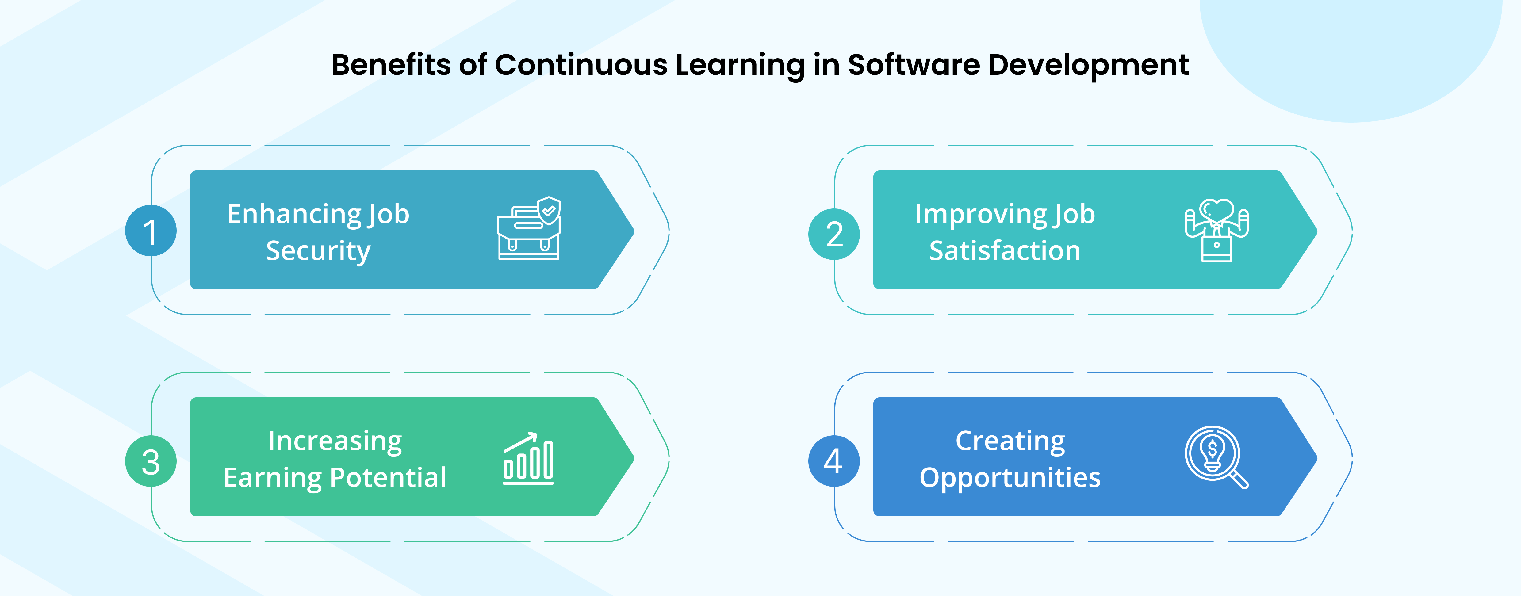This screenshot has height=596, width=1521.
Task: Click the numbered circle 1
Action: coord(151,231)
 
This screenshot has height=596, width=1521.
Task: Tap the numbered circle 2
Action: coord(834,234)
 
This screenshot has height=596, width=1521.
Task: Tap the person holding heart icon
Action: coord(1216,230)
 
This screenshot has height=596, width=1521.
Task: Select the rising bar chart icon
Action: coord(528,459)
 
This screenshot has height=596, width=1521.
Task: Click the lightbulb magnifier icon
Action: coord(1216,457)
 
